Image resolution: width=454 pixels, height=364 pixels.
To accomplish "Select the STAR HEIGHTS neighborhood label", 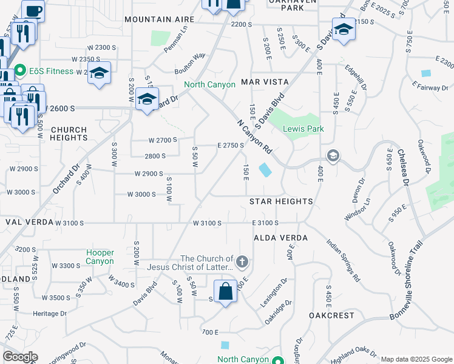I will (281, 201).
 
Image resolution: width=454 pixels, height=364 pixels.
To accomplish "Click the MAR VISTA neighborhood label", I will (264, 81).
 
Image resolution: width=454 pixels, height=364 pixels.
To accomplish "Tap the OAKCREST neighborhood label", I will (331, 315).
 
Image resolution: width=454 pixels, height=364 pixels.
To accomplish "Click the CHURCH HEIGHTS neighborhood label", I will (69, 133).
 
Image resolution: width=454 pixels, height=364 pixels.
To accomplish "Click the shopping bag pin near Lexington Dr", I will (225, 291).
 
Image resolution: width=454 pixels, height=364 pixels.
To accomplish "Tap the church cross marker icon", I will (242, 262).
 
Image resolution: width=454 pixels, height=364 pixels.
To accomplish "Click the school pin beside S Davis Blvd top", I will (344, 30).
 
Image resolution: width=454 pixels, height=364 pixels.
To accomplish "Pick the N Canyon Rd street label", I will (254, 136).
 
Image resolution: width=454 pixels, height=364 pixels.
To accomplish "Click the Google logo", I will (20, 357).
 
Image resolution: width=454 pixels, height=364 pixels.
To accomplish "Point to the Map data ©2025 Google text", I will (416, 359).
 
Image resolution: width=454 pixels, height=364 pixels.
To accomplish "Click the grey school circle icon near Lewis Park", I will (333, 156).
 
